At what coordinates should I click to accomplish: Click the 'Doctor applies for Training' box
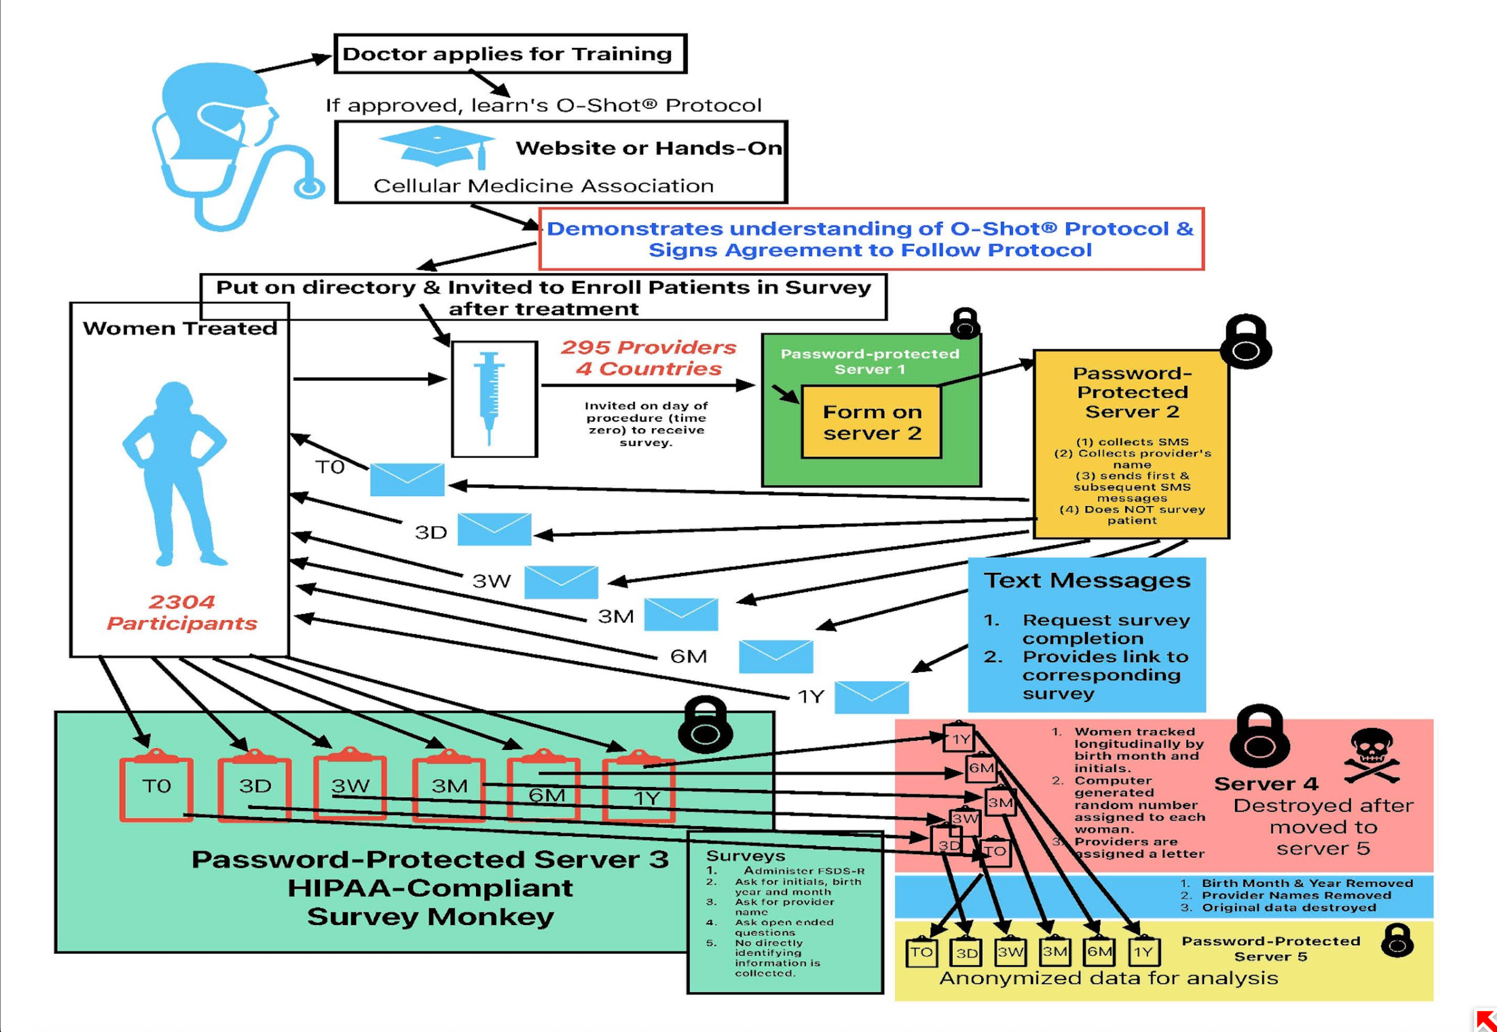coord(509,54)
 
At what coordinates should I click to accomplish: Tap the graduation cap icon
coord(437,146)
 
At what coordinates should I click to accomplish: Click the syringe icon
coord(489,398)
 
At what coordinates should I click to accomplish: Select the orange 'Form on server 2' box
coord(871,422)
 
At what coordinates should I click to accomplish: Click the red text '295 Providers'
coord(649,348)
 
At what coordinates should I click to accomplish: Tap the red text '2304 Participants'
coord(182,613)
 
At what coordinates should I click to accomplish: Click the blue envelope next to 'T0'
coord(407,479)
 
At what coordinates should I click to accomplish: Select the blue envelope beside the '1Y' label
coord(871,697)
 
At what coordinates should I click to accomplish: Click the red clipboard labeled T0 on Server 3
coord(156,787)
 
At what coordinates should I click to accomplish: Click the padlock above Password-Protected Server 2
coord(1246,342)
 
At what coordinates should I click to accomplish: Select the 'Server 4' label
coord(1265,784)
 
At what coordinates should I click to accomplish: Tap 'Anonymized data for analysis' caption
coord(1109,978)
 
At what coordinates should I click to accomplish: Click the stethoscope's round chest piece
coord(309,188)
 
